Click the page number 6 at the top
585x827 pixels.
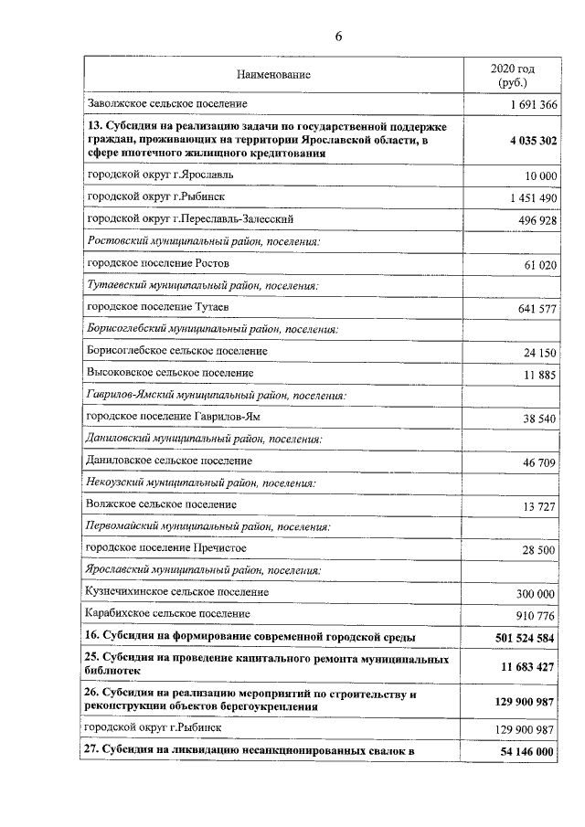337,37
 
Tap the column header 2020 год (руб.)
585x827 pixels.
512,75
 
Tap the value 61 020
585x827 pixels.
537,264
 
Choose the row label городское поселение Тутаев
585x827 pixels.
151,308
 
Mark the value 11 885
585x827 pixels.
537,375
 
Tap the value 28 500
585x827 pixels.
537,551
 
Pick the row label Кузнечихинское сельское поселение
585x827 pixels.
177,592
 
